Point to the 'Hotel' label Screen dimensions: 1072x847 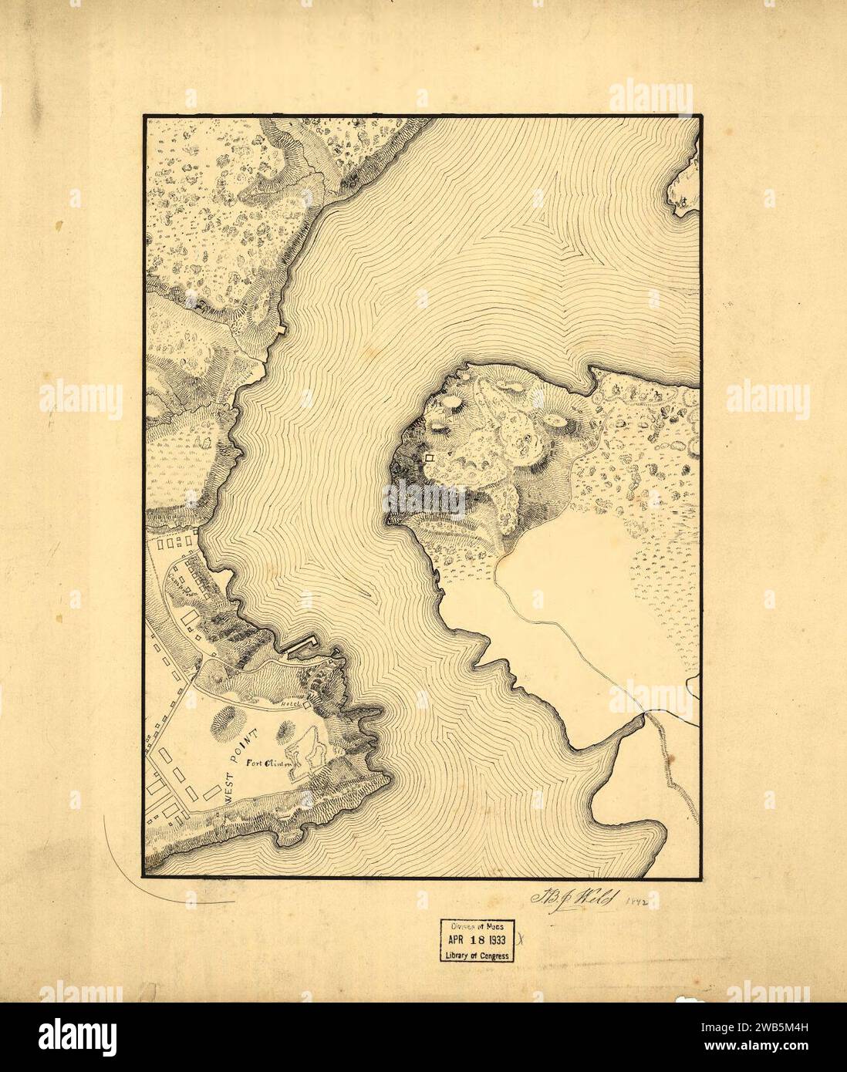coord(290,703)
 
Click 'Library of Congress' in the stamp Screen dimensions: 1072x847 coord(478,956)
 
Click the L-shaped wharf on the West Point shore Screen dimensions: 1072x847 coord(301,643)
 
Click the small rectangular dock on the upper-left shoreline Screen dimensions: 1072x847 coord(282,329)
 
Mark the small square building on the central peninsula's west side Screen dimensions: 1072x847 coord(430,458)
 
